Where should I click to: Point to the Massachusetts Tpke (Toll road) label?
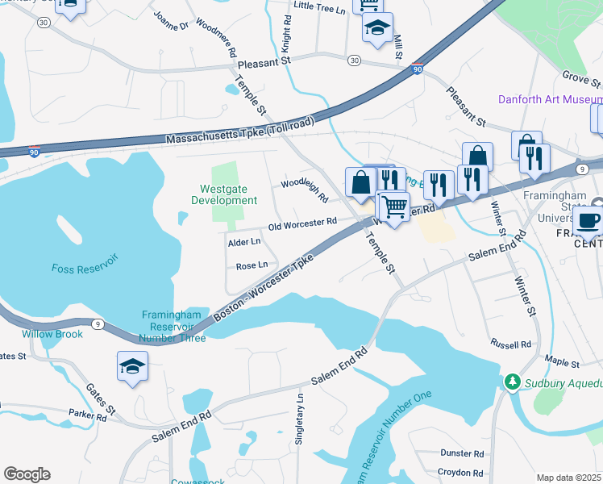coord(235,139)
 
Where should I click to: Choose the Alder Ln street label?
coord(244,241)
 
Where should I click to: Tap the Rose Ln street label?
coord(252,265)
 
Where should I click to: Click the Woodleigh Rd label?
coord(304,190)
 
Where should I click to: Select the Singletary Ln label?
coord(301,410)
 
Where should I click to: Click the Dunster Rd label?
coord(462,454)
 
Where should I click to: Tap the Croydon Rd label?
coord(460,473)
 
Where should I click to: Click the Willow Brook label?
coord(52,334)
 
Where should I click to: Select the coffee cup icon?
coord(589,219)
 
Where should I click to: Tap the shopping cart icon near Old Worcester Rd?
coord(393,206)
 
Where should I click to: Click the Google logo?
coord(27,474)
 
